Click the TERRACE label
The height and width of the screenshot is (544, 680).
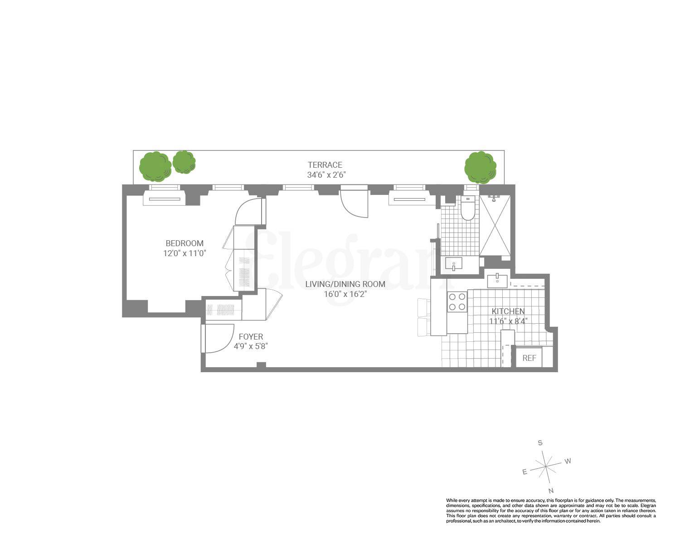click(x=325, y=165)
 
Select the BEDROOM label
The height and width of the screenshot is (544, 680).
click(x=184, y=243)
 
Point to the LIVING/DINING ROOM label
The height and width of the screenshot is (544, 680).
click(x=345, y=284)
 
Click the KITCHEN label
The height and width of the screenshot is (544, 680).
click(x=508, y=311)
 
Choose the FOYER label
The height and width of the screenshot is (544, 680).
click(x=251, y=337)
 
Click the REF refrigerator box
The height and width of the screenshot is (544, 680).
click(x=529, y=358)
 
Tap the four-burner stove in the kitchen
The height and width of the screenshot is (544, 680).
click(x=457, y=302)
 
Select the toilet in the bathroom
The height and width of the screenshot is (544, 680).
click(x=467, y=209)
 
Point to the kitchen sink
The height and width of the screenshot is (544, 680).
click(x=497, y=281)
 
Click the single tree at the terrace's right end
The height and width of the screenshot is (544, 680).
click(x=480, y=167)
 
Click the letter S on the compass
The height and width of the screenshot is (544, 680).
click(x=540, y=443)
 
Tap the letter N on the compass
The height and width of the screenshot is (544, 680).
click(x=551, y=491)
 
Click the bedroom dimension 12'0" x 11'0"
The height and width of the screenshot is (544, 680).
click(x=185, y=253)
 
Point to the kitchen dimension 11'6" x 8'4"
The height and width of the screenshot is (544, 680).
click(x=508, y=321)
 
